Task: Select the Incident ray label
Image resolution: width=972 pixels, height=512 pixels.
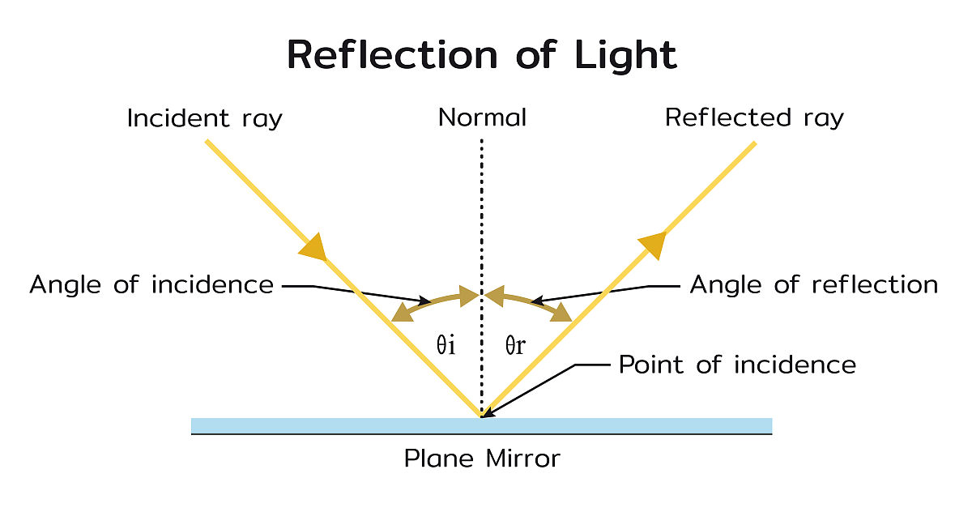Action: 204,118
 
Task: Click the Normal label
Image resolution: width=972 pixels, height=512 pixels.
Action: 482,118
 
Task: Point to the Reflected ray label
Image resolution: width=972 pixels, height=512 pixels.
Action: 754,118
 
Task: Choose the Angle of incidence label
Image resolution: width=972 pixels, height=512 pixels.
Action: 151,285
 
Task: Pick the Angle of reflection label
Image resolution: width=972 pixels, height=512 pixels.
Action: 813,285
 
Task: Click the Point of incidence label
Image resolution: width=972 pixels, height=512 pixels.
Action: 737,365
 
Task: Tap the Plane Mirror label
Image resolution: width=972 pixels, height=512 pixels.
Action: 482,459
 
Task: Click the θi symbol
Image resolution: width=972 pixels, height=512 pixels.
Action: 446,346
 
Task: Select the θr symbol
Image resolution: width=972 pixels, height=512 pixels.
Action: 515,346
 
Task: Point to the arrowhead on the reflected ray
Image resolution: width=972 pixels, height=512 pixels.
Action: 652,244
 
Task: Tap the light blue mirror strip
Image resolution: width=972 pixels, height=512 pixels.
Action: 324,425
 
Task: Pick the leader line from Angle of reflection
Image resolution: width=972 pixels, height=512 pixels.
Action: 607,292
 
